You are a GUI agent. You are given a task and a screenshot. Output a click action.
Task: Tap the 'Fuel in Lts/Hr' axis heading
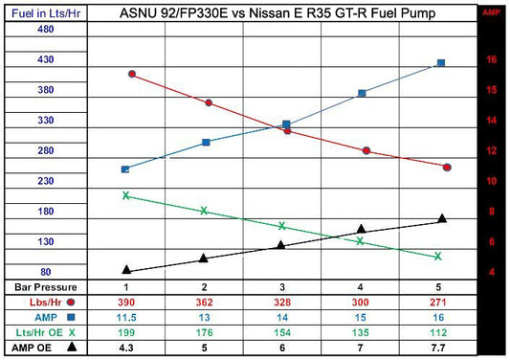pos(43,13)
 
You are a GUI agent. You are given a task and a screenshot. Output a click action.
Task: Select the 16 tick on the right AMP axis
pos(491,59)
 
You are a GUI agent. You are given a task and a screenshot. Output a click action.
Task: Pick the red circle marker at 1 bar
pos(131,75)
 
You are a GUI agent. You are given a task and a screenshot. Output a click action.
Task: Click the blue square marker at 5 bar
pos(440,63)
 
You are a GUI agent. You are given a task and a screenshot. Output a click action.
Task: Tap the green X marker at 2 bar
pos(204,211)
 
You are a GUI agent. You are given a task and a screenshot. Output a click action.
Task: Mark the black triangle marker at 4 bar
pos(361,229)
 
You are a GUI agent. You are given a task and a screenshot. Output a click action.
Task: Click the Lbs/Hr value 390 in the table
pos(125,302)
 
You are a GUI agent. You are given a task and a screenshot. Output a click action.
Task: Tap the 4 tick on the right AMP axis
pos(491,272)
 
